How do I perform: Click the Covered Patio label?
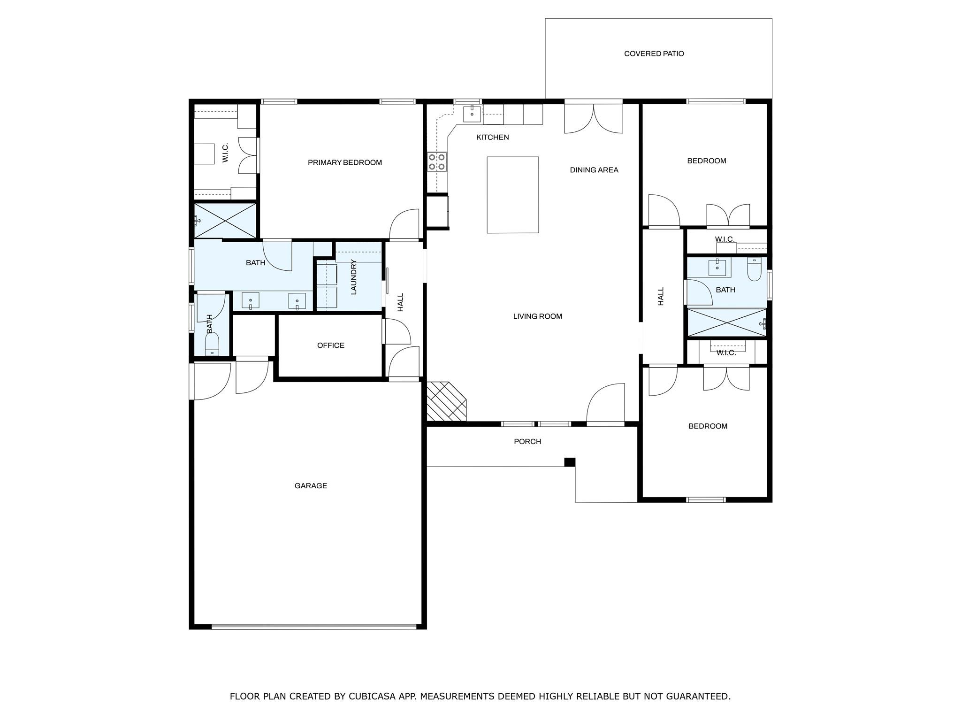[654, 54]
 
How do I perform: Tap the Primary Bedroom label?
[345, 162]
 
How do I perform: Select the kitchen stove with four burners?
[437, 161]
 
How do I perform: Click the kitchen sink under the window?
[472, 114]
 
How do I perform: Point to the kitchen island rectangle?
[512, 195]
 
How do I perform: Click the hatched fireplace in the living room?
[446, 401]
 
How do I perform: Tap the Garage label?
[311, 486]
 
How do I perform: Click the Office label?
[331, 345]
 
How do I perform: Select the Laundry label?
[354, 277]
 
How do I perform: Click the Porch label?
[527, 442]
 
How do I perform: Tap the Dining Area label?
[594, 170]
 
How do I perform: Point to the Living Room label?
[537, 316]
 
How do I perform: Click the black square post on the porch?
[570, 462]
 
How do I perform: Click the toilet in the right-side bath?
[754, 269]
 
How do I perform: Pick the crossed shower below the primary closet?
[226, 221]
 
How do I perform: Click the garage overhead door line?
[313, 626]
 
